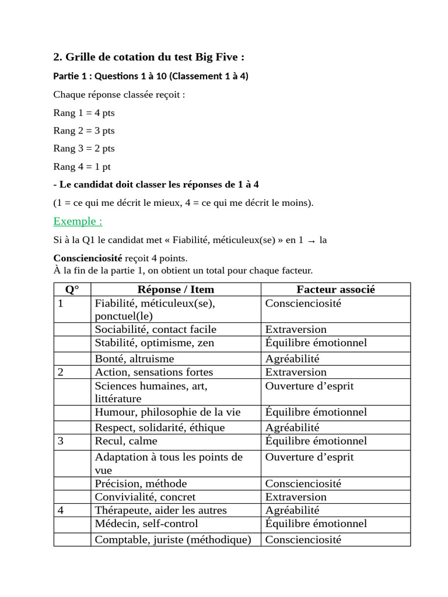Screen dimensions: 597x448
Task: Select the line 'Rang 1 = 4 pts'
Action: [x=84, y=113]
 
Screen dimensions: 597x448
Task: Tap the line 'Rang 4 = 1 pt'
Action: [x=82, y=167]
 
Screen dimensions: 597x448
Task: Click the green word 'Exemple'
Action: [x=78, y=221]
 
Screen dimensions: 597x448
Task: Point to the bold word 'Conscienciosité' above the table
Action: [x=87, y=258]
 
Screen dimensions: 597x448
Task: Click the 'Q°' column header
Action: [x=72, y=289]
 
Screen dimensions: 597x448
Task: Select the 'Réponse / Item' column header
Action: [x=176, y=289]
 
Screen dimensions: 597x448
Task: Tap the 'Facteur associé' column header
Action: [x=335, y=289]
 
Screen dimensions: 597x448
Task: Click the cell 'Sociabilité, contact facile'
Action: [x=155, y=329]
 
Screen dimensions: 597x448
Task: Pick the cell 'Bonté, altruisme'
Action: [x=135, y=359]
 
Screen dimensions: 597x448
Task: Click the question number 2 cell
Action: [x=61, y=372]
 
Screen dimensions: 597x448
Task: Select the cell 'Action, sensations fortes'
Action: [x=154, y=372]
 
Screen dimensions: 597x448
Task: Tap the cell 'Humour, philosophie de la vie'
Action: [x=167, y=412]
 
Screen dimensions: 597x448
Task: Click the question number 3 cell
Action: [x=61, y=441]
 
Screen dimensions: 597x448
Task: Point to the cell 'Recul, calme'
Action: [x=126, y=441]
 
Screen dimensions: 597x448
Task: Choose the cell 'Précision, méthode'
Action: [x=141, y=483]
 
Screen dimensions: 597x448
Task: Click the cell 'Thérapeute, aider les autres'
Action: [x=161, y=510]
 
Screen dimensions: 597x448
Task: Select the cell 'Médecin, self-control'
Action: [x=146, y=524]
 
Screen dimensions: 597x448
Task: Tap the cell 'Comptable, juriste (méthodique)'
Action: [x=173, y=539]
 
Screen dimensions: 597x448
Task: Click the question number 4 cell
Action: [x=61, y=510]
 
